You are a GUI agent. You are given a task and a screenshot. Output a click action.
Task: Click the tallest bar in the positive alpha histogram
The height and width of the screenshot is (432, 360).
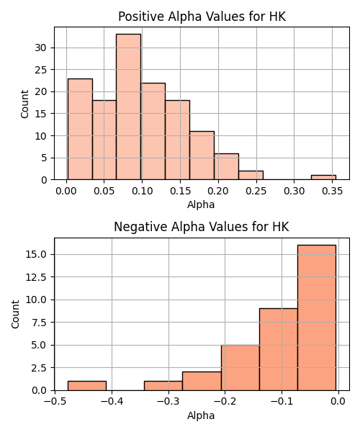click(x=128, y=107)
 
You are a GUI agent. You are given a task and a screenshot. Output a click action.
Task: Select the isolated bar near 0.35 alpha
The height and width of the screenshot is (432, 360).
click(x=324, y=177)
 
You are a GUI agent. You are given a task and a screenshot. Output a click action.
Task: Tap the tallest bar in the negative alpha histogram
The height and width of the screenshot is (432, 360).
click(x=317, y=318)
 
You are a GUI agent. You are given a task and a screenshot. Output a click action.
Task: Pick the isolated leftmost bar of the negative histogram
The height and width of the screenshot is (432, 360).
click(x=87, y=386)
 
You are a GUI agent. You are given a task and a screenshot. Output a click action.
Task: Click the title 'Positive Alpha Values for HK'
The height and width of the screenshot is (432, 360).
click(x=202, y=17)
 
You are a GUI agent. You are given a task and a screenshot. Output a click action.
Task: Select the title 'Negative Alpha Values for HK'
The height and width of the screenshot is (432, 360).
click(x=202, y=227)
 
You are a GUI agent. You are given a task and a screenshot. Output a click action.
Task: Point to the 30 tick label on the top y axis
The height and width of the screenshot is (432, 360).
click(x=40, y=48)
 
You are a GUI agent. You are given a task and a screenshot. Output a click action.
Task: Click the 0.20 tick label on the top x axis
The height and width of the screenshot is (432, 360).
click(x=218, y=192)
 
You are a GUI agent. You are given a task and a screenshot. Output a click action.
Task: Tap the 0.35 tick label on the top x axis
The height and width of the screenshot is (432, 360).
click(x=332, y=192)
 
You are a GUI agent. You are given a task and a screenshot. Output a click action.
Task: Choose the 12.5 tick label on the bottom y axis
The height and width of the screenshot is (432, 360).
click(x=36, y=277)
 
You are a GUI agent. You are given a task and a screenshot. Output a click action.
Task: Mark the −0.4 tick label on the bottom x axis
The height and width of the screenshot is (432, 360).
click(x=112, y=402)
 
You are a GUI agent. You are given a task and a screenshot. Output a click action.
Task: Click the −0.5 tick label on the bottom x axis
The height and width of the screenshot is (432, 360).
click(x=55, y=402)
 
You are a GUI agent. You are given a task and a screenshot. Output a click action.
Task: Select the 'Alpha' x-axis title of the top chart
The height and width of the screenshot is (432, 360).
click(x=201, y=204)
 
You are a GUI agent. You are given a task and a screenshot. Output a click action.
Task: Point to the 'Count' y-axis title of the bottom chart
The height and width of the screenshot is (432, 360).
click(x=15, y=314)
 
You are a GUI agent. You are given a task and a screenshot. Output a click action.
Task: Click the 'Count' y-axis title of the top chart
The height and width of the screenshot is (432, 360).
click(x=24, y=104)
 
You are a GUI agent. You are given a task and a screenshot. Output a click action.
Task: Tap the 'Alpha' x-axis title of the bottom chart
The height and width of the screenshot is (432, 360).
click(x=201, y=415)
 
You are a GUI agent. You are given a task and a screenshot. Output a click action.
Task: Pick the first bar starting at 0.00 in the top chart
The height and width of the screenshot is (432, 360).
click(x=80, y=129)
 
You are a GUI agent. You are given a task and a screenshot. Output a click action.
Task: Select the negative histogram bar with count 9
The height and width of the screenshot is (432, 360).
click(x=279, y=349)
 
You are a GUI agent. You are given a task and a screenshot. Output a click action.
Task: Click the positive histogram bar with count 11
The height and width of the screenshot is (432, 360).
click(x=202, y=156)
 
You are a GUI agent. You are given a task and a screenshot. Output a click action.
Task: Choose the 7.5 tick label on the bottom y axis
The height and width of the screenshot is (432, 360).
click(x=39, y=323)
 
